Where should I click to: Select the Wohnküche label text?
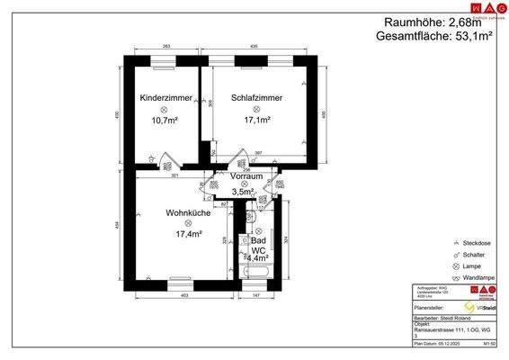tap(188, 213)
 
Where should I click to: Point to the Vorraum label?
tap(247, 177)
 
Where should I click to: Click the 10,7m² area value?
tap(165, 119)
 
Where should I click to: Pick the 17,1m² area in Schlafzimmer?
tap(257, 119)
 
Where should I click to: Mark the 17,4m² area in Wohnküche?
tap(189, 234)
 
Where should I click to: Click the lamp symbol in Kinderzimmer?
tap(165, 108)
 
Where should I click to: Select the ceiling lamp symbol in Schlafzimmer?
tap(257, 108)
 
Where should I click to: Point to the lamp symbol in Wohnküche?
tap(188, 223)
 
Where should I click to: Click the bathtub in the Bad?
tap(258, 272)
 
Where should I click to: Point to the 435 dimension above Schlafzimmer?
tap(254, 45)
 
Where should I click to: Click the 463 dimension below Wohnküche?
tap(183, 295)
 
